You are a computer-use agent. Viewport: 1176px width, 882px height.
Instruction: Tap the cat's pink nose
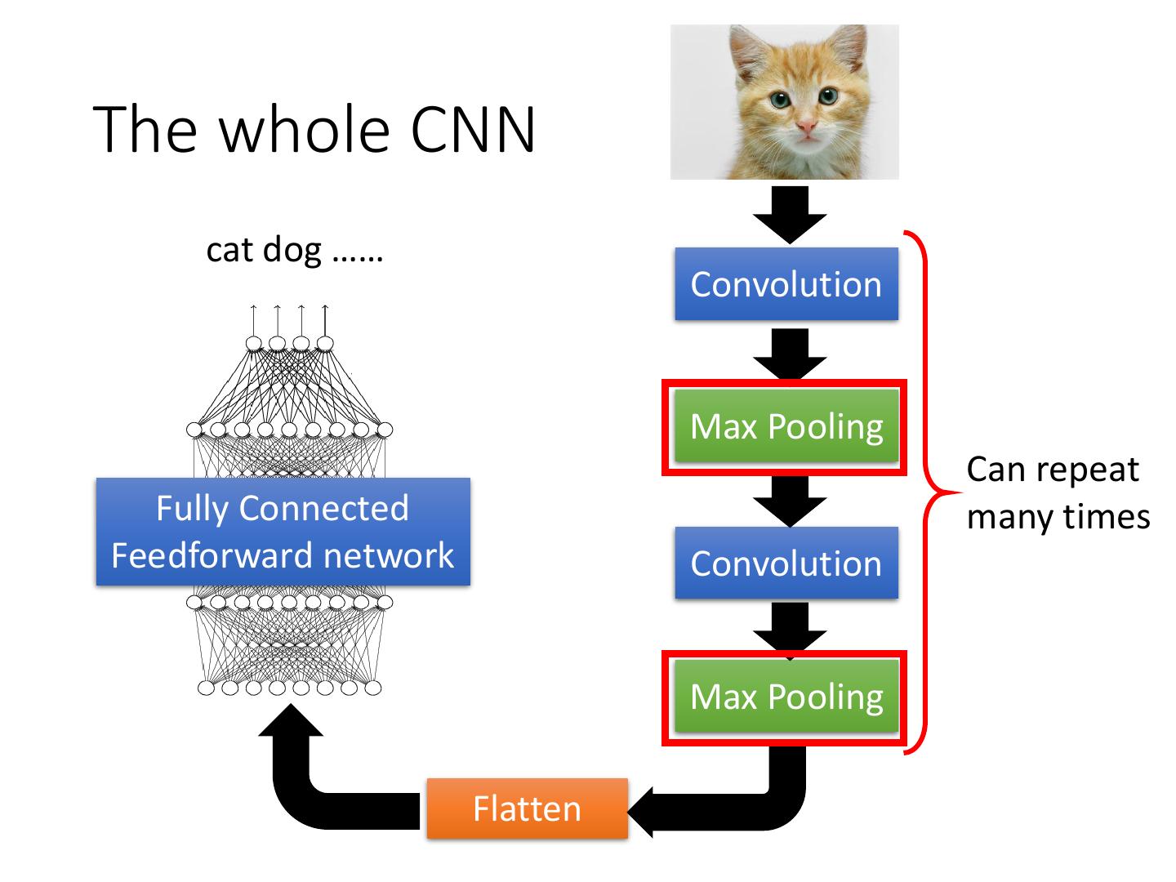click(807, 127)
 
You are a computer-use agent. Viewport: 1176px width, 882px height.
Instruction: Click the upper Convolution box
click(786, 284)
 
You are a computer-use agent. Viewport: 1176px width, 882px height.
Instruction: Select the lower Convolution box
click(786, 563)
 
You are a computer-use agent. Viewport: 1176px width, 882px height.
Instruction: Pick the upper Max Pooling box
click(786, 426)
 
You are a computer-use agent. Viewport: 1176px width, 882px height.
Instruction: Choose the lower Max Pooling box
click(786, 697)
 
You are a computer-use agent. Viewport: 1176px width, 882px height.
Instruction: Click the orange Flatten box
click(528, 808)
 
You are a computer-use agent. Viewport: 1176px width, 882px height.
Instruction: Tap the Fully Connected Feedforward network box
click(283, 532)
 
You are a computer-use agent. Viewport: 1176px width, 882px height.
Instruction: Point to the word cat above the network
click(228, 249)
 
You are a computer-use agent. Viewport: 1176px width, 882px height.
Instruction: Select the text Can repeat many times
click(1058, 492)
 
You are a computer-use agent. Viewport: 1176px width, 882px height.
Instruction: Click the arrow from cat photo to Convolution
click(789, 214)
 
